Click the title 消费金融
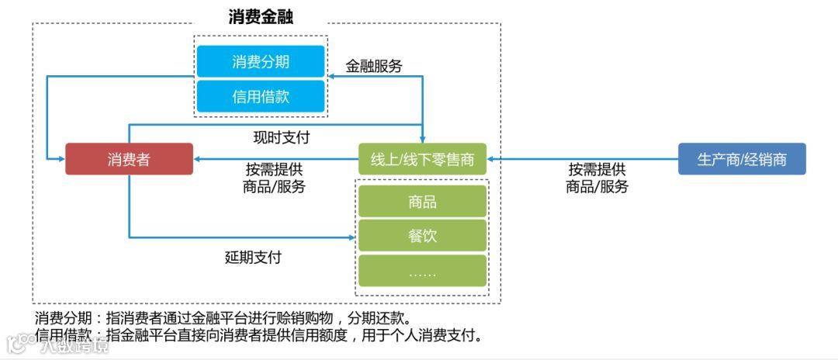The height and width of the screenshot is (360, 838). [x=261, y=16]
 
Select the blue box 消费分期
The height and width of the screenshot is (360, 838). [x=261, y=61]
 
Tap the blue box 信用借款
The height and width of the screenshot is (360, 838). [x=261, y=96]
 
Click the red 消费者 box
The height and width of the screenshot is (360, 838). [x=129, y=159]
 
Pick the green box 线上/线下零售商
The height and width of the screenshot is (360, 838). [x=422, y=159]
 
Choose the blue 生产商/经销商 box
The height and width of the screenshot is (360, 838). [x=742, y=159]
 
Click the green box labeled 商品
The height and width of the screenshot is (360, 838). [x=422, y=202]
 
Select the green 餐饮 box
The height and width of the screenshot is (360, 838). [x=422, y=236]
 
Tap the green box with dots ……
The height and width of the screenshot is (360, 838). [x=422, y=271]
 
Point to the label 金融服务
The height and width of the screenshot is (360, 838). [x=374, y=66]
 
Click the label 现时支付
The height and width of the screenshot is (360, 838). [x=282, y=137]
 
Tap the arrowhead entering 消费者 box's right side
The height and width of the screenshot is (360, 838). [x=198, y=159]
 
